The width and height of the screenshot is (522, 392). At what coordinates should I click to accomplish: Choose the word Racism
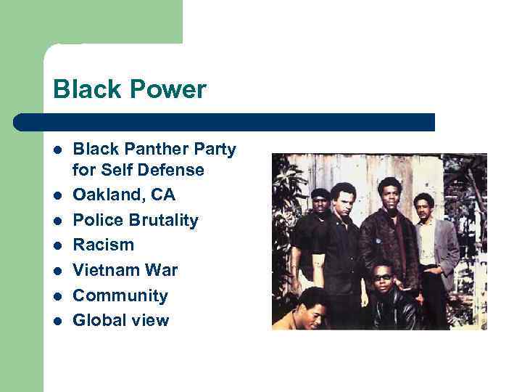pyautogui.click(x=103, y=245)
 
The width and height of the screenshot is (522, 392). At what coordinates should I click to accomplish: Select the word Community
pyautogui.click(x=120, y=295)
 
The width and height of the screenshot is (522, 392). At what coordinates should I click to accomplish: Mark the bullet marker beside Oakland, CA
pyautogui.click(x=57, y=196)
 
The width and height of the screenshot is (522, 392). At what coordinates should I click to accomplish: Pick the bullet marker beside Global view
pyautogui.click(x=57, y=321)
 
